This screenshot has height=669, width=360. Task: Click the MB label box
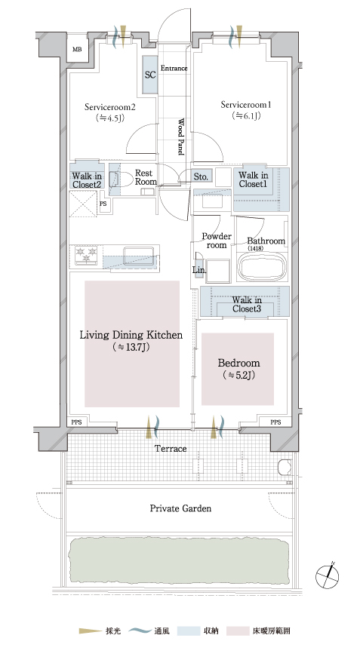77,50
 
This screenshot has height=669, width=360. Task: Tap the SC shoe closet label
150,75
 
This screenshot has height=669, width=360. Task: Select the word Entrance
174,68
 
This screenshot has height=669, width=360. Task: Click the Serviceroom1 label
246,105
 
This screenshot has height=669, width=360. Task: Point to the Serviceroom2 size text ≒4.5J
109,118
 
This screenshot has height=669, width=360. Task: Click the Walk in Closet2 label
87,180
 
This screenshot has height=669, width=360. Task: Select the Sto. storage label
201,176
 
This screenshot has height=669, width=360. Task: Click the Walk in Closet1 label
254,180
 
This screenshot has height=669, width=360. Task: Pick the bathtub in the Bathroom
260,268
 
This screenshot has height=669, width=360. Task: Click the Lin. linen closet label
199,271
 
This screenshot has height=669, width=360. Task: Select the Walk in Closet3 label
248,304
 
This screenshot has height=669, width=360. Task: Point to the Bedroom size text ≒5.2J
239,376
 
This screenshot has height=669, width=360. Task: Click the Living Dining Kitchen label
131,335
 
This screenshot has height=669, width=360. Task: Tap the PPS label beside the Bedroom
276,422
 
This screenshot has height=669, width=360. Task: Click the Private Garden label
180,508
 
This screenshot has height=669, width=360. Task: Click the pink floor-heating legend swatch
238,631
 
